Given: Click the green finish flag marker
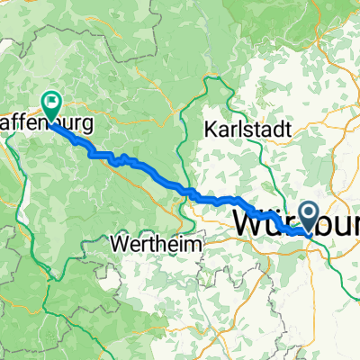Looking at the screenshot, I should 51,106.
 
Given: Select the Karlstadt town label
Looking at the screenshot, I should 247,130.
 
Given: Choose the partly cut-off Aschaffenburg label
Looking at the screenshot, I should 45,123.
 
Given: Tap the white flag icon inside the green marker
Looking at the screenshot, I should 51,103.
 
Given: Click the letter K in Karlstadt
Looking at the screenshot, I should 211,130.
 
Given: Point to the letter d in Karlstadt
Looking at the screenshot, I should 273,130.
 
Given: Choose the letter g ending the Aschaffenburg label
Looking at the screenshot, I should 85,125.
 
